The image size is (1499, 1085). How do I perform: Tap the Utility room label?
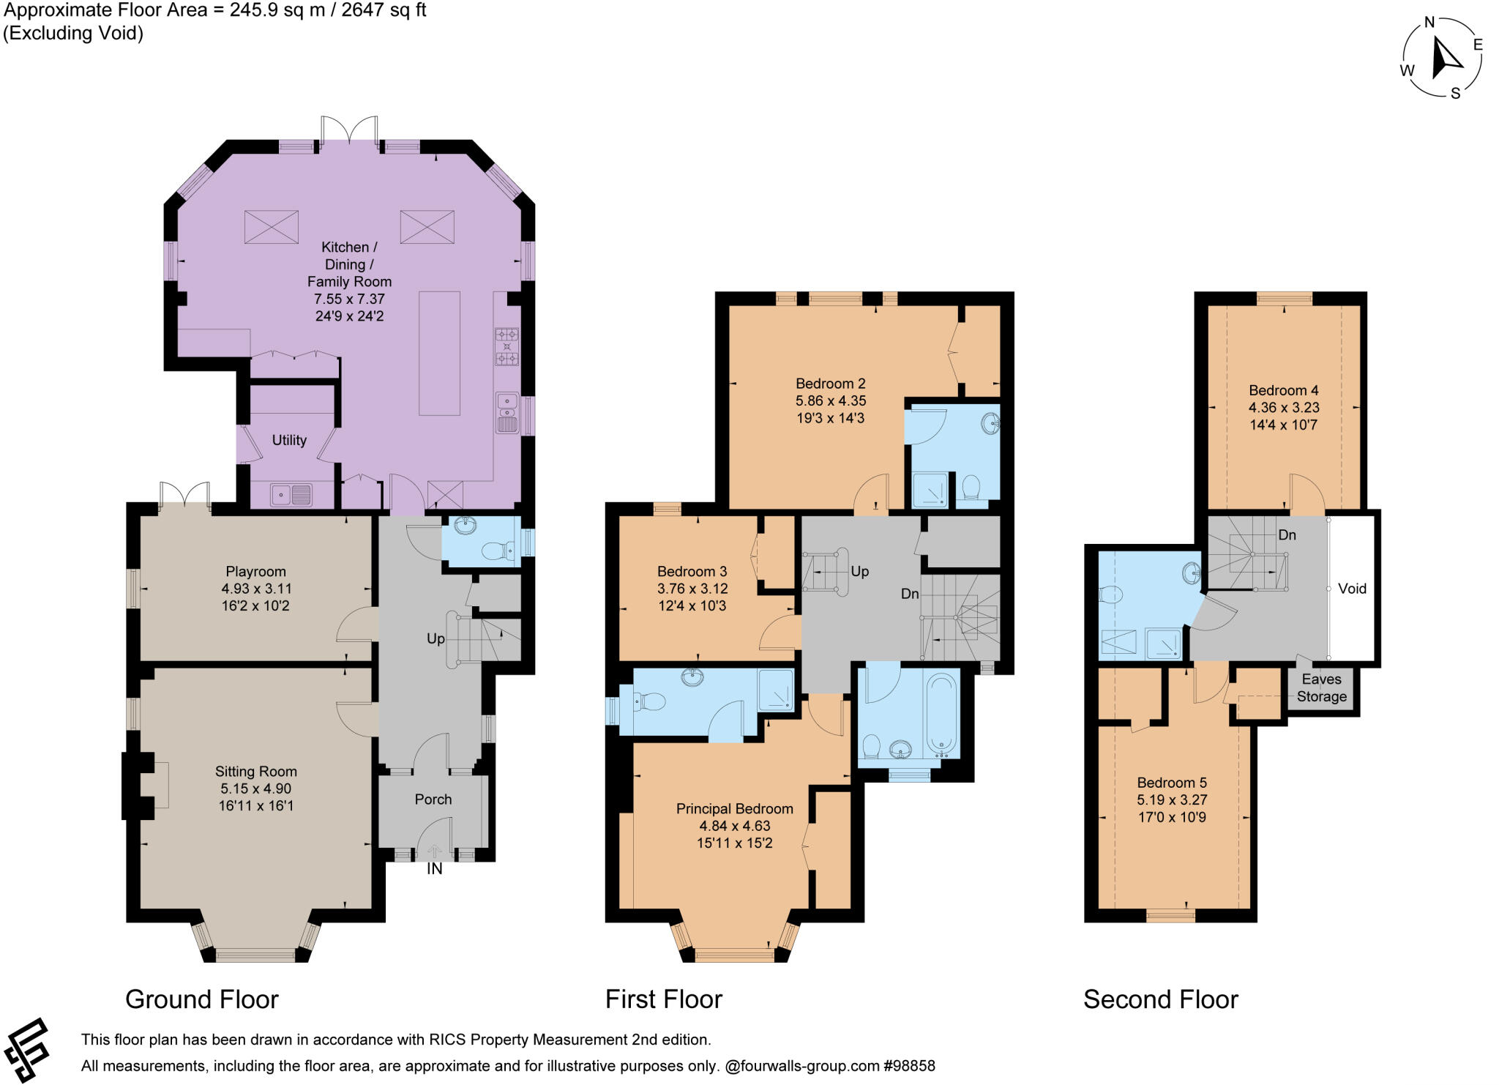click(x=289, y=440)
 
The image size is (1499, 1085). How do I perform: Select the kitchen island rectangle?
click(x=439, y=353)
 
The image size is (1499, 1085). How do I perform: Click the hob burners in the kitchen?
click(x=506, y=346)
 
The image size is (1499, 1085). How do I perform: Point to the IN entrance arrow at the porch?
click(x=435, y=851)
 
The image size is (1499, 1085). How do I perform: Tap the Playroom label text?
click(x=255, y=571)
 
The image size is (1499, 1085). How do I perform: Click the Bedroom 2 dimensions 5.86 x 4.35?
click(x=830, y=400)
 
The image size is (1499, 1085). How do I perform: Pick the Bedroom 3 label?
click(x=692, y=571)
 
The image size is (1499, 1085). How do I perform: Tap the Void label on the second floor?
click(x=1352, y=588)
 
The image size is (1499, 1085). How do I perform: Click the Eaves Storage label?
click(x=1321, y=688)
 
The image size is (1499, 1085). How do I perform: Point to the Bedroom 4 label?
click(x=1284, y=390)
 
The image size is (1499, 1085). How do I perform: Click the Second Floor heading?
click(x=1160, y=999)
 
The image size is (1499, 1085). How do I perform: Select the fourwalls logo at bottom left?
click(x=26, y=1049)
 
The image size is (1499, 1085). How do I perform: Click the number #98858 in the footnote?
click(x=909, y=1066)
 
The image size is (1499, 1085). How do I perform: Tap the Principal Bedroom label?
click(x=734, y=808)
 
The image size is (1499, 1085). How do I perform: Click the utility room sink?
click(x=291, y=496)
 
